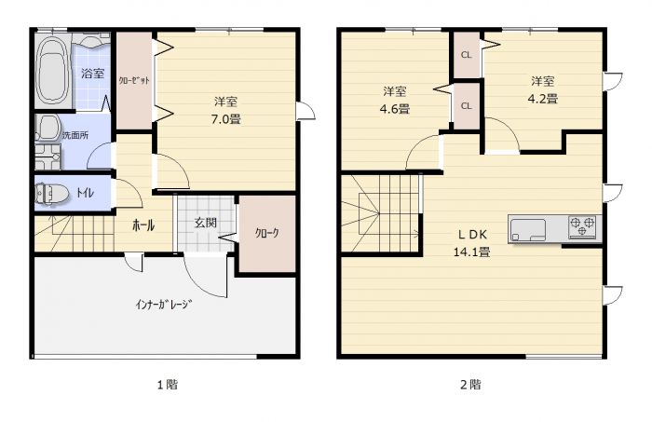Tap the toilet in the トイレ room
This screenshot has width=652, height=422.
(53, 194)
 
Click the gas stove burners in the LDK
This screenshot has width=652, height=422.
(584, 227)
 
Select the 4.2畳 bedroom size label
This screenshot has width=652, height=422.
(544, 99)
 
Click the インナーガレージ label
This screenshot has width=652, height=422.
(164, 303)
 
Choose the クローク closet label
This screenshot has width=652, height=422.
(267, 234)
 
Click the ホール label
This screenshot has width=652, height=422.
(143, 225)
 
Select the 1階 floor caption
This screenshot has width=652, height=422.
(165, 384)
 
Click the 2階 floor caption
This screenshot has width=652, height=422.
(469, 384)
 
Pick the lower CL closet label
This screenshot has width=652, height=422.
(466, 105)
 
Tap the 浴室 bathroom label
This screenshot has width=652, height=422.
(91, 73)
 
